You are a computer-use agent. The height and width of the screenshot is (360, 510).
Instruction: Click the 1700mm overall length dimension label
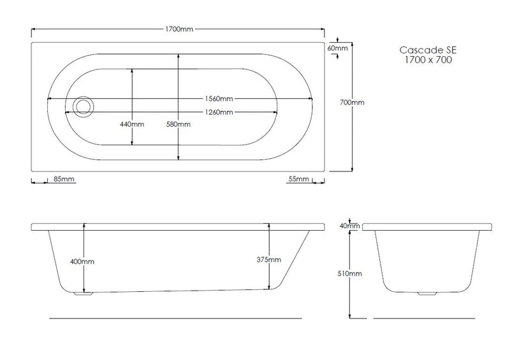179,29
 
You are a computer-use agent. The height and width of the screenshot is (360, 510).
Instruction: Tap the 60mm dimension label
337,48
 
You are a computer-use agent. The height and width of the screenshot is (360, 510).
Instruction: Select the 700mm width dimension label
353,103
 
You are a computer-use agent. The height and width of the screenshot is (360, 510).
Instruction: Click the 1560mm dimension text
219,99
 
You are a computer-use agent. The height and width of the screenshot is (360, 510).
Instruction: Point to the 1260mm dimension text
218,112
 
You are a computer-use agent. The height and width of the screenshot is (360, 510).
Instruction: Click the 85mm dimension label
64,180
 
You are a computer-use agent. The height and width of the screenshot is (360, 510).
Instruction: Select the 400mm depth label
84,262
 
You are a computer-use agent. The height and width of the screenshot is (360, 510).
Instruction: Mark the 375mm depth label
268,259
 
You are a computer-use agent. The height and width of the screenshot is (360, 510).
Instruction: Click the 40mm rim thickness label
350,226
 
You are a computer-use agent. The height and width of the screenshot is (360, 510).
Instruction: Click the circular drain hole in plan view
83,106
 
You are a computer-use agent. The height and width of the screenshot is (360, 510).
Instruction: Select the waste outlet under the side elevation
83,294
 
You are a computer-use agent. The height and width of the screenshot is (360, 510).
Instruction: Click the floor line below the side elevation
175,317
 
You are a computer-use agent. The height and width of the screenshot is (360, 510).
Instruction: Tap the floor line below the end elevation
426,317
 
